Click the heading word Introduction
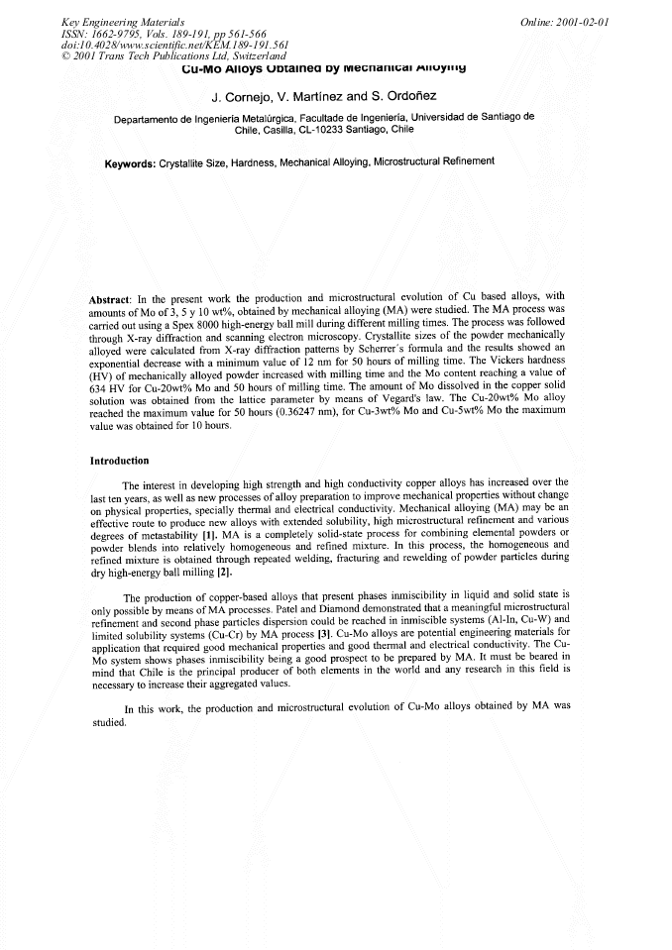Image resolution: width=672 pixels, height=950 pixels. coord(119,461)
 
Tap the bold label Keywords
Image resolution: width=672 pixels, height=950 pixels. coord(130,163)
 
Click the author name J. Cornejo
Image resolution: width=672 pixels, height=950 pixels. coord(245,98)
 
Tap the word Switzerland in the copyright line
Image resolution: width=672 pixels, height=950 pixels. coord(255,55)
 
